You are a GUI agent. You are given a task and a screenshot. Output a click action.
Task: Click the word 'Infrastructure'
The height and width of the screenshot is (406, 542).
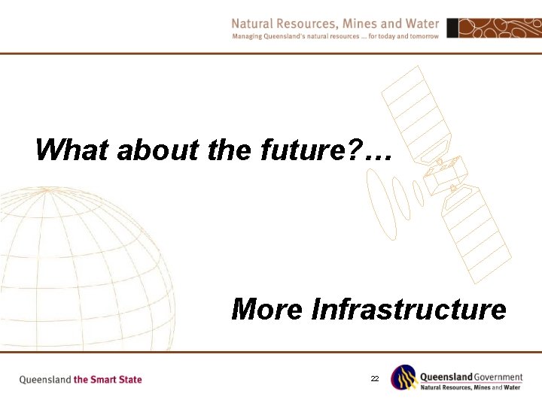point(409,309)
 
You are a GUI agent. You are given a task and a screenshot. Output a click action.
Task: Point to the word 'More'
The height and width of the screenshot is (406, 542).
point(268,309)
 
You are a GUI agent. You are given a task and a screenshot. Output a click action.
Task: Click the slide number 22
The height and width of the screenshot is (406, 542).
point(374,379)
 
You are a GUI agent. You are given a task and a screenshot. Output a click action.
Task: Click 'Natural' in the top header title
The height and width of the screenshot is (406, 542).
point(254,23)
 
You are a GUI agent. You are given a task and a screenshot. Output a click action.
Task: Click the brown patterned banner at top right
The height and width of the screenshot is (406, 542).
point(494,29)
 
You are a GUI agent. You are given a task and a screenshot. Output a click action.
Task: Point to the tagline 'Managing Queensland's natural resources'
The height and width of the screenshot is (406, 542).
point(301,36)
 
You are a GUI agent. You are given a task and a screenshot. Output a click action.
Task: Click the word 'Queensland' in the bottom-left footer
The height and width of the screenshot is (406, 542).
point(44,380)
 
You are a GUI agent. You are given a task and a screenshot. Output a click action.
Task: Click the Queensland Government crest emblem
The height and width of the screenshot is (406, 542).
point(403,378)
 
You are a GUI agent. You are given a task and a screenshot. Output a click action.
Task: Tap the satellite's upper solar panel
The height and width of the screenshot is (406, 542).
point(413,113)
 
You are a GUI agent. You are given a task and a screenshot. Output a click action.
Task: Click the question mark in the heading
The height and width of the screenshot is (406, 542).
point(350,150)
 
